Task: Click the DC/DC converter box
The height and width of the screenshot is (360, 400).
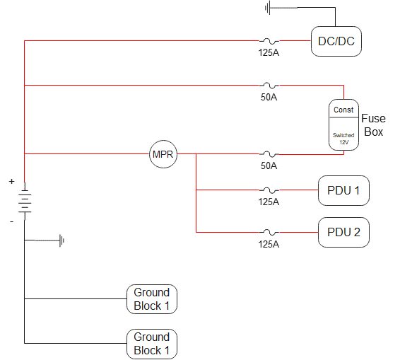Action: click(337, 42)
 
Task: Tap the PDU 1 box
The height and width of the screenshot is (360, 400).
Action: click(343, 190)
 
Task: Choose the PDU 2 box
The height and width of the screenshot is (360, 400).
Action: click(343, 232)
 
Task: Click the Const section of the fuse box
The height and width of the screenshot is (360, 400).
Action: click(343, 110)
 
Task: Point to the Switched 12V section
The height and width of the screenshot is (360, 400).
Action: click(343, 137)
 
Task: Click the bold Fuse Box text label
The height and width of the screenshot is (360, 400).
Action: click(372, 125)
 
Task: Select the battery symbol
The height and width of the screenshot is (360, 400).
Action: click(25, 202)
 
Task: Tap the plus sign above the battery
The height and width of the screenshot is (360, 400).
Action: click(11, 182)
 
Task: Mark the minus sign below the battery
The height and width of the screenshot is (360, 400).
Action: click(11, 221)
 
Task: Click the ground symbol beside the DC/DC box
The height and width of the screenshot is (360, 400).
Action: click(269, 8)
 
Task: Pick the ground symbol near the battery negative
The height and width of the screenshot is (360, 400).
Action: click(62, 240)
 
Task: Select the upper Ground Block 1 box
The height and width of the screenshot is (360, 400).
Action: click(152, 299)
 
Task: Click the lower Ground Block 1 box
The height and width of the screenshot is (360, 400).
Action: click(152, 344)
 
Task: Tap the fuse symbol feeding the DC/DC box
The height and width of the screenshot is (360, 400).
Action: click(269, 41)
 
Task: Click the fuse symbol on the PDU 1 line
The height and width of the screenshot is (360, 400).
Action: click(269, 190)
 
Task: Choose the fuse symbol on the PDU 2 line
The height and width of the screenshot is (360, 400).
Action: click(269, 232)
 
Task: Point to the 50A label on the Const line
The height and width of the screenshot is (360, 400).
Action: click(269, 97)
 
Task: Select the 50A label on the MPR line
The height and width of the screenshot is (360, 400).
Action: click(269, 166)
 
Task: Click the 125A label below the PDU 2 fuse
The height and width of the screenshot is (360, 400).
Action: click(269, 244)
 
